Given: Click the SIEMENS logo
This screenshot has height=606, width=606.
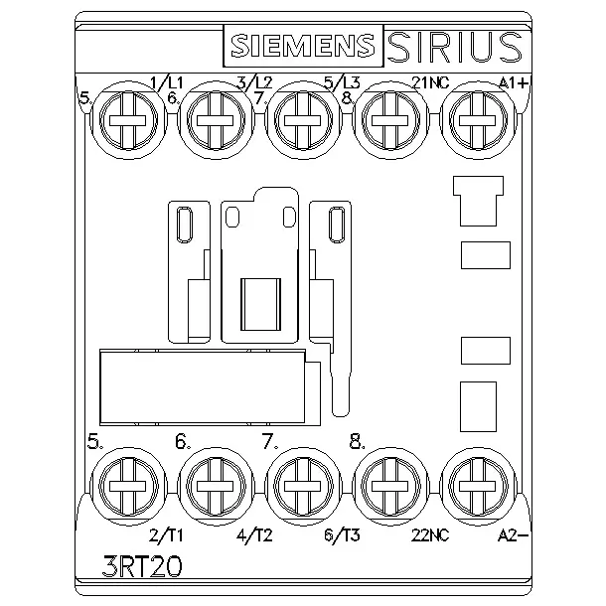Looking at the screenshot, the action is (x=303, y=46).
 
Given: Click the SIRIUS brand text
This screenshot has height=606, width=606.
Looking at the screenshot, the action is (x=455, y=47).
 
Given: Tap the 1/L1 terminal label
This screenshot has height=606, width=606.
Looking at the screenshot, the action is (x=167, y=82).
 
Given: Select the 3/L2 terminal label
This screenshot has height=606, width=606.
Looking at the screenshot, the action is (x=254, y=82).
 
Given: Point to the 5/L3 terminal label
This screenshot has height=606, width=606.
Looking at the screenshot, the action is (x=342, y=82).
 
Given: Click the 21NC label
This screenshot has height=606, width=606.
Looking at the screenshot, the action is (x=430, y=82).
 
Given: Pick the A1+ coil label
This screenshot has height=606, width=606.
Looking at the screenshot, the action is (x=514, y=82).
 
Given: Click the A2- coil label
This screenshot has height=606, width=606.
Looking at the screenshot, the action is (x=513, y=535).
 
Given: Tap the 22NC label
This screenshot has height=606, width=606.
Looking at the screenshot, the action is (x=430, y=535).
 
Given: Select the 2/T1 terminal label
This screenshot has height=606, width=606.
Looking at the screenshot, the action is (x=166, y=535).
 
